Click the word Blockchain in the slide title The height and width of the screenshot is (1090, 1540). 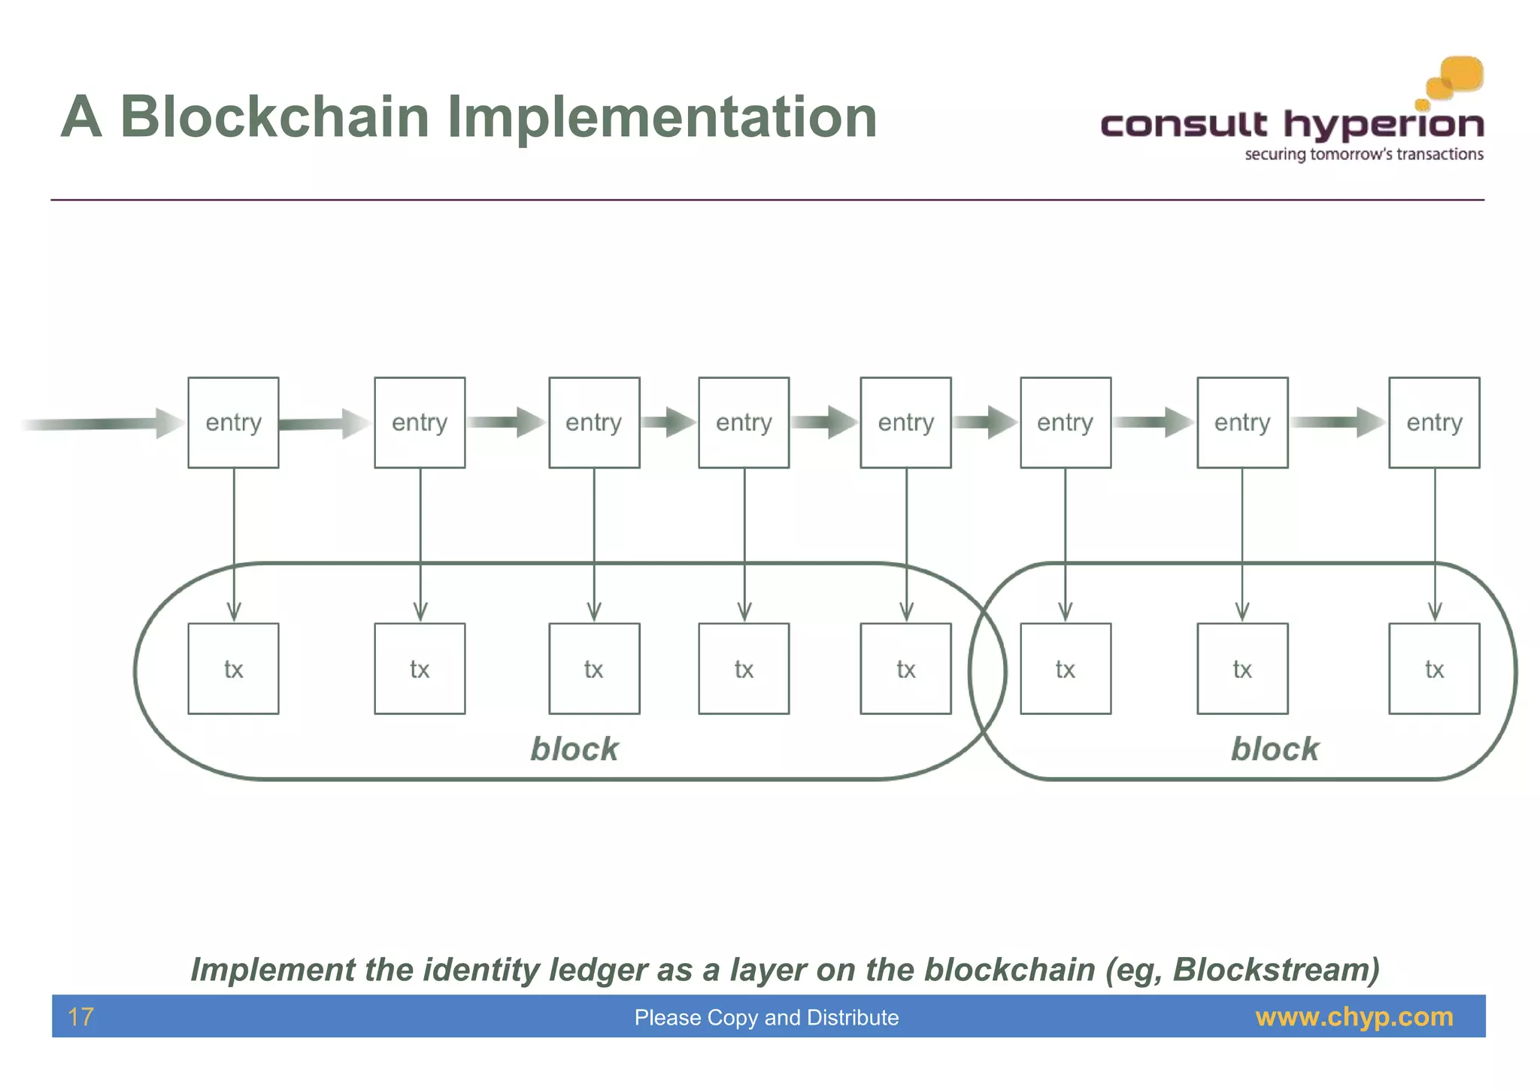274,117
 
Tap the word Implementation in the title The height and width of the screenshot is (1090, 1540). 662,117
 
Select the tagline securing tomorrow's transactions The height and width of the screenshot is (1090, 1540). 1363,155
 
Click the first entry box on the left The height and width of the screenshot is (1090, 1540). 233,422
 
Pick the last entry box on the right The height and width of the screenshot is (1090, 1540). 1434,422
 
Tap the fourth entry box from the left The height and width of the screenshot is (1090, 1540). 744,422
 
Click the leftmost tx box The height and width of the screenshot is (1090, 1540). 233,668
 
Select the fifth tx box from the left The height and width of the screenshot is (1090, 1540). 905,668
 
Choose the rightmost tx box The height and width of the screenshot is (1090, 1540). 1434,668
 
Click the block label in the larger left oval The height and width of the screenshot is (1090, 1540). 574,749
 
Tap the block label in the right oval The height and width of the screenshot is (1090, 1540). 1275,749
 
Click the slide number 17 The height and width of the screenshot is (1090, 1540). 80,1017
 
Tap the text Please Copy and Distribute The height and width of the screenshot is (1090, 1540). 766,1017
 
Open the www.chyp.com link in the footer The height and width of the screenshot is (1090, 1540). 1354,1016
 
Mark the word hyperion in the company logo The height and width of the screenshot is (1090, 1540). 1384,125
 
